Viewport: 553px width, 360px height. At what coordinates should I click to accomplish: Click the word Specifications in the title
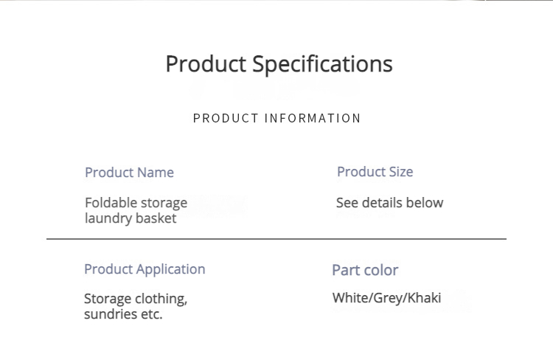[x=322, y=65]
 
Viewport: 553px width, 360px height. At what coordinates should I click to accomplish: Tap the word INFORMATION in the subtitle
[x=313, y=118]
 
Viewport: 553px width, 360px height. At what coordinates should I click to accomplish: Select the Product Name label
[x=130, y=173]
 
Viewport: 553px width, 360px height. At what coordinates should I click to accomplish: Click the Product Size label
[x=375, y=172]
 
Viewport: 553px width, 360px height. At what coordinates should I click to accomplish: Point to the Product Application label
[x=145, y=270]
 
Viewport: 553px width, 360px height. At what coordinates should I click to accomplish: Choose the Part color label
[x=365, y=270]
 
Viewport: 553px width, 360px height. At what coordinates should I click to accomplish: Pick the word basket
[x=156, y=218]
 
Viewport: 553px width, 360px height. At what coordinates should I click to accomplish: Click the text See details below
[x=390, y=203]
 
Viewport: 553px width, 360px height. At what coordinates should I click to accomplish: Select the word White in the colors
[x=350, y=298]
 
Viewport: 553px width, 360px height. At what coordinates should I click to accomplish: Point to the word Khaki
[x=424, y=298]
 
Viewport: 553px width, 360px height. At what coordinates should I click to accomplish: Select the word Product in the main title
[x=206, y=64]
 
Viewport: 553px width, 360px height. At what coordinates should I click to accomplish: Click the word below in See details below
[x=425, y=203]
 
